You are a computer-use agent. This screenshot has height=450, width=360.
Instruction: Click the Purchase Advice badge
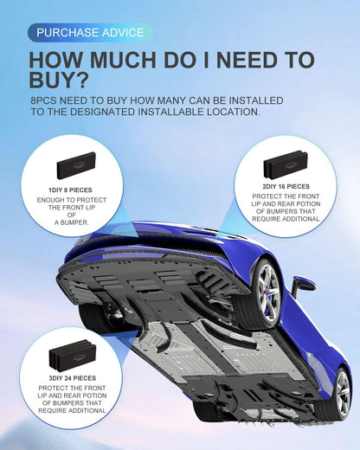click(90, 33)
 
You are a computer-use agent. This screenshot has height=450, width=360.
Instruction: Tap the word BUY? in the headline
click(58, 80)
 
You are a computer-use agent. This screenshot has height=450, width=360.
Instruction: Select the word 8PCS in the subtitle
click(43, 100)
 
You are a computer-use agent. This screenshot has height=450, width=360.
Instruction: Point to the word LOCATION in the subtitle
click(233, 112)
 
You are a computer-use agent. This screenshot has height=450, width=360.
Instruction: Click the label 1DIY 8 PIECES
click(70, 190)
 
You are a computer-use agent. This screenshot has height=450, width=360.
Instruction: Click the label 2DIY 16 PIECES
click(286, 187)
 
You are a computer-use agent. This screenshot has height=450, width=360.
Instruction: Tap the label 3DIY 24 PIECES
click(72, 378)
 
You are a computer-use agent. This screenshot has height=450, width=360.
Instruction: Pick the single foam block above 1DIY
click(76, 165)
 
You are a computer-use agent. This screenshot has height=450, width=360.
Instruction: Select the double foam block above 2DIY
click(286, 164)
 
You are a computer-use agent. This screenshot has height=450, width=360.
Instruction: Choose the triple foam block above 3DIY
click(73, 355)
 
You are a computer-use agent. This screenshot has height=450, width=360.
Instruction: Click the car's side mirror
click(302, 285)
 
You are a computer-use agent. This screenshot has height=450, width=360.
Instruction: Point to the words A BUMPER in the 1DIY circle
click(72, 222)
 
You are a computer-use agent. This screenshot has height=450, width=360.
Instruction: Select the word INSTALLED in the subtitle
click(256, 100)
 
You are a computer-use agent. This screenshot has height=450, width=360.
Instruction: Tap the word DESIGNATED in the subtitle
click(102, 112)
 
